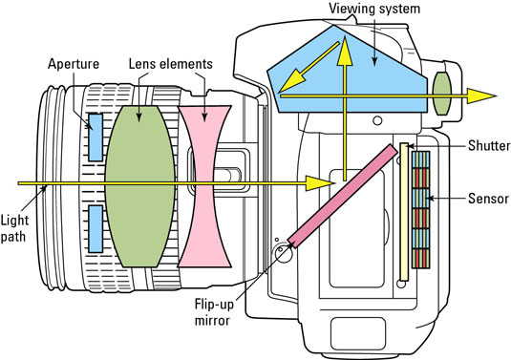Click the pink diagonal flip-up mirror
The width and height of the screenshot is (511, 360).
click(x=343, y=195)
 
